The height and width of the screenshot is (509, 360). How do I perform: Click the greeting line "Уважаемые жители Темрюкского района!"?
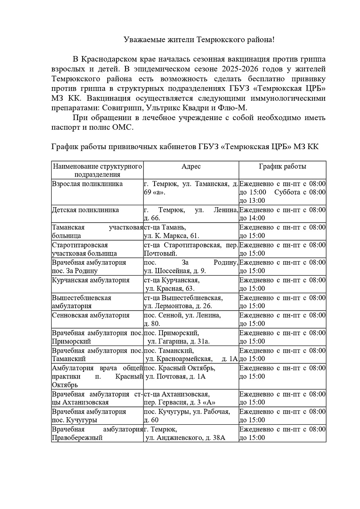tap(199, 40)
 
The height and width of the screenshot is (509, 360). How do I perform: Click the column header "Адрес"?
tap(191, 167)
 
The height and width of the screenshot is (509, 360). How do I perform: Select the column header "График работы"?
tap(282, 167)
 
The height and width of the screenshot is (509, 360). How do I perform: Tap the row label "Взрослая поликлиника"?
tap(87, 184)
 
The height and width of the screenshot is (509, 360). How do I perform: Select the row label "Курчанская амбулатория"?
tap(91, 280)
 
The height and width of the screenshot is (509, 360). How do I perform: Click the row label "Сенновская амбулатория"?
tap(91, 315)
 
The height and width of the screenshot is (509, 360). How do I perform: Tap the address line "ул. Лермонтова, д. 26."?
tap(178, 306)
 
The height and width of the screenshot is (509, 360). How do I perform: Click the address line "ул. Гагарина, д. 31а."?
tap(178, 341)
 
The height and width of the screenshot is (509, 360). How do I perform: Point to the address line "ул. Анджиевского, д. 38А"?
tap(186, 438)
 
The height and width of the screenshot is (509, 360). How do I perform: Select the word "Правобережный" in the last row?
tap(77, 438)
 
